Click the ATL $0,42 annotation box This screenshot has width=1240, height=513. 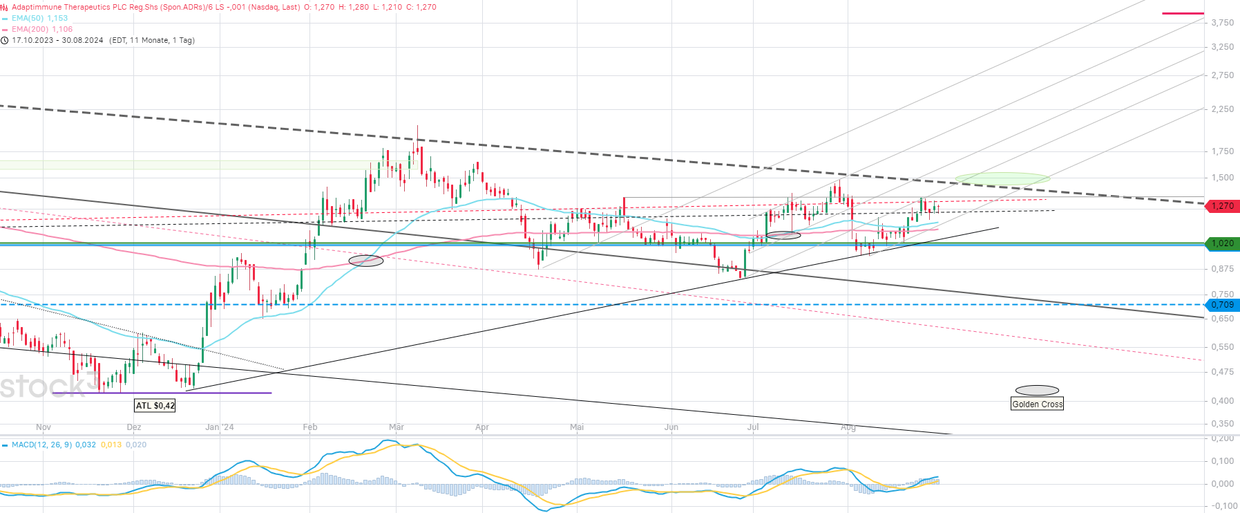155,406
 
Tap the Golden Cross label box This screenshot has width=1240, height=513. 1037,404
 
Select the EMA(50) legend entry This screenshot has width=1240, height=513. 39,18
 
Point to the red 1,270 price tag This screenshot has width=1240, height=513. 1222,206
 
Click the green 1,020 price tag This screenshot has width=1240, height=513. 1222,243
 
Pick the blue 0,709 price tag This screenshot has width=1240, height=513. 1222,305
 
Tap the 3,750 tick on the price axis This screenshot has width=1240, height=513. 1222,23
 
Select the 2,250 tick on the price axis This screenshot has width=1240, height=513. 1222,109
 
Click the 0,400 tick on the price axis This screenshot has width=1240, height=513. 1222,401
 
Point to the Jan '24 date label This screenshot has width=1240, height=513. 220,427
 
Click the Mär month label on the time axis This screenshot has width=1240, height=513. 397,427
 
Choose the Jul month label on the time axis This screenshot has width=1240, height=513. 753,427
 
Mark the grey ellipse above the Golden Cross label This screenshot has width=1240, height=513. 1037,391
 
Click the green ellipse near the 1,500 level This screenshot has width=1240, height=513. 1002,178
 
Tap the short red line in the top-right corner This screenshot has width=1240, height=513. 1183,13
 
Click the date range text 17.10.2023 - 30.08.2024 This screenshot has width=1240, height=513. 57,40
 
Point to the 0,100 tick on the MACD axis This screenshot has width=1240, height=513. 1222,461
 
